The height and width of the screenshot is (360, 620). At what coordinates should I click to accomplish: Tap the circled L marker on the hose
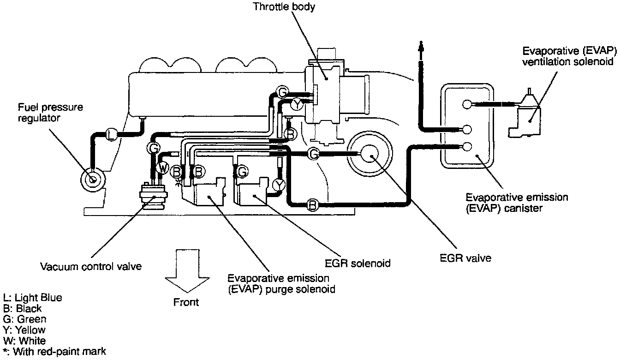click(111, 134)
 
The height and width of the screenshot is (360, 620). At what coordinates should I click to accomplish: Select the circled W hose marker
click(162, 168)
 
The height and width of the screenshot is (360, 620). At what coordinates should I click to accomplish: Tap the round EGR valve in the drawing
click(370, 155)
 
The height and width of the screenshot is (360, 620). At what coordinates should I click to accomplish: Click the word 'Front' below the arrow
click(186, 302)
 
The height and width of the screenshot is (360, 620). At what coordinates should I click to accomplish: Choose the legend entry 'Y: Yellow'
click(24, 330)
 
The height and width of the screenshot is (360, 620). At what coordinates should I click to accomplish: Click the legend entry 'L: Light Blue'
click(32, 298)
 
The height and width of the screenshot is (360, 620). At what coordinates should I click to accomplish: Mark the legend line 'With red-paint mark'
click(54, 352)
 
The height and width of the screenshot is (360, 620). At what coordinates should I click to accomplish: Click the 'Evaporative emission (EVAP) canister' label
click(517, 203)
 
